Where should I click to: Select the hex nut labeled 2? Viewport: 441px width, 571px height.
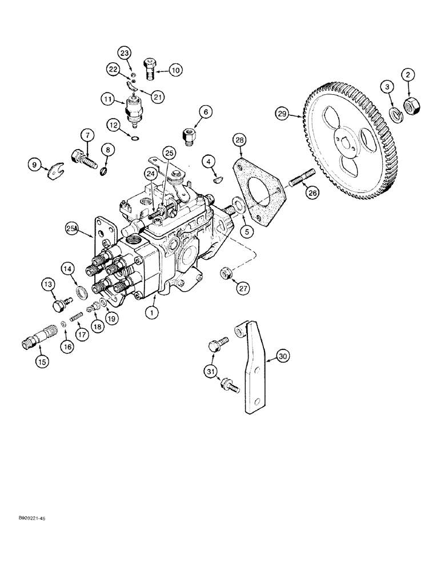(x=409, y=104)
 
